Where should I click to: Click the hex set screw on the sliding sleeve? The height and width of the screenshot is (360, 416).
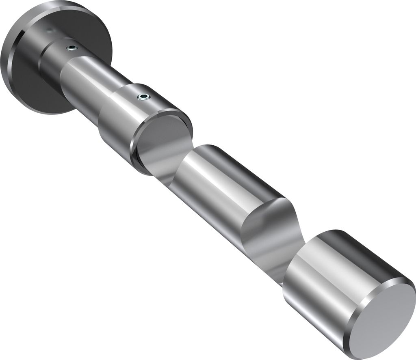point(143,97)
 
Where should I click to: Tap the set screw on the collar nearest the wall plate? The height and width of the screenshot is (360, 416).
point(71,48)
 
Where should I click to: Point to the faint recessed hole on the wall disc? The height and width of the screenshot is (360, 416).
point(49,30)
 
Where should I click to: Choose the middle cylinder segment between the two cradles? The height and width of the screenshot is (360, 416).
point(219,183)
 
